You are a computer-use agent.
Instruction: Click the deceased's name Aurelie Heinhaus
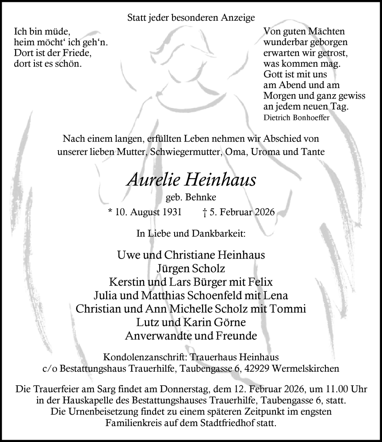point(191,179)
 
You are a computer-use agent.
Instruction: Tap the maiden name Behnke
point(204,198)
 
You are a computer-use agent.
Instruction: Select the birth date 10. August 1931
point(148,212)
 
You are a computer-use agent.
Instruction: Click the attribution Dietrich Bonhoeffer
point(296,118)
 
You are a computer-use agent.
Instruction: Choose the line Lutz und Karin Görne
point(191,322)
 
